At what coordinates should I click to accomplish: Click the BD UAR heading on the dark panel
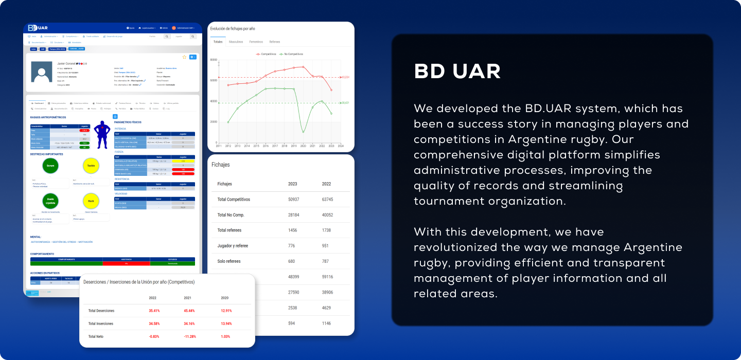(457, 72)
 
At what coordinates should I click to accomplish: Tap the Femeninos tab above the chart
(256, 42)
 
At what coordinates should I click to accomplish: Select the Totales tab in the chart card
(218, 42)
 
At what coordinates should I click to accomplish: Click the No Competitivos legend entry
(292, 54)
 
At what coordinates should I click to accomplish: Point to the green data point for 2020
(303, 132)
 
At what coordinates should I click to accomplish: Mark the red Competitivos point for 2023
(331, 90)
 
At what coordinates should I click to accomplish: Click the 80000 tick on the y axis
(214, 60)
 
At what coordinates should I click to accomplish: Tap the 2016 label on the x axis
(266, 146)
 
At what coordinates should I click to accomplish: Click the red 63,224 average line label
(345, 77)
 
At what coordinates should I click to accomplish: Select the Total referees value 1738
(326, 230)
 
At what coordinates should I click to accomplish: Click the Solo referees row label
(229, 261)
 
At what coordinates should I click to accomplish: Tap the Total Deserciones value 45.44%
(189, 311)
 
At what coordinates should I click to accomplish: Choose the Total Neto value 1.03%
(225, 336)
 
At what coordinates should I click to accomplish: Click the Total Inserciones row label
(100, 323)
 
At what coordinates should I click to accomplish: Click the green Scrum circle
(50, 166)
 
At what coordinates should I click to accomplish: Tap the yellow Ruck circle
(91, 201)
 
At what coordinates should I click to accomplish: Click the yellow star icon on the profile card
(184, 57)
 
